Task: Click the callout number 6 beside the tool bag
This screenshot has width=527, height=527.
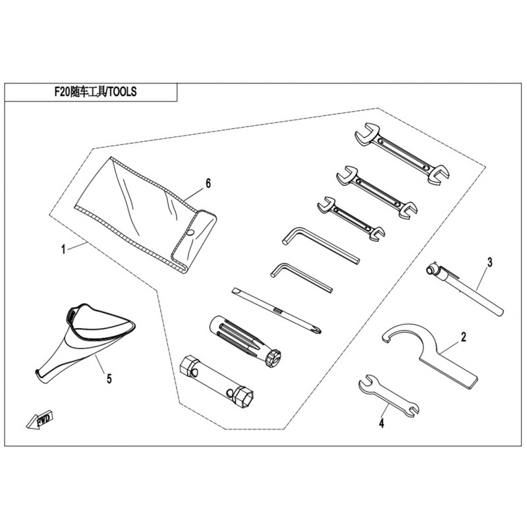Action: pos(208,184)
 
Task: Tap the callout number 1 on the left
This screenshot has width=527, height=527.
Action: pos(63,250)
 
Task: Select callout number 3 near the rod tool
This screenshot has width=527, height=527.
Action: pos(489,262)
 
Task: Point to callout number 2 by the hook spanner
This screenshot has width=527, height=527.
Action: pos(464,337)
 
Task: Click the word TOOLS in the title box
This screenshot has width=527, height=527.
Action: pos(123,92)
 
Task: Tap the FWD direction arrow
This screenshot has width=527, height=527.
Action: pos(40,420)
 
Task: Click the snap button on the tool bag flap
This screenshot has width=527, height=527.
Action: pos(190,233)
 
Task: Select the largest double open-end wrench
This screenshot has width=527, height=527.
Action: pos(402,153)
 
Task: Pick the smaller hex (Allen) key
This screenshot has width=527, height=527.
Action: pos(301,277)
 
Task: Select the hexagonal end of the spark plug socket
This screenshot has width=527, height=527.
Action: pos(242,397)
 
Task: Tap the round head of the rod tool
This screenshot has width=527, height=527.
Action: pos(430,269)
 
